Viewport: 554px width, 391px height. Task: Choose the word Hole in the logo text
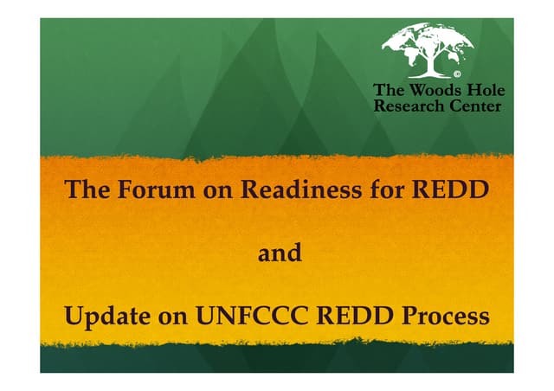[485, 90]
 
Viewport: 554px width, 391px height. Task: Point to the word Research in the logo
[405, 106]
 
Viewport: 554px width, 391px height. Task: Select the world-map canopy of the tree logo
[428, 40]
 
